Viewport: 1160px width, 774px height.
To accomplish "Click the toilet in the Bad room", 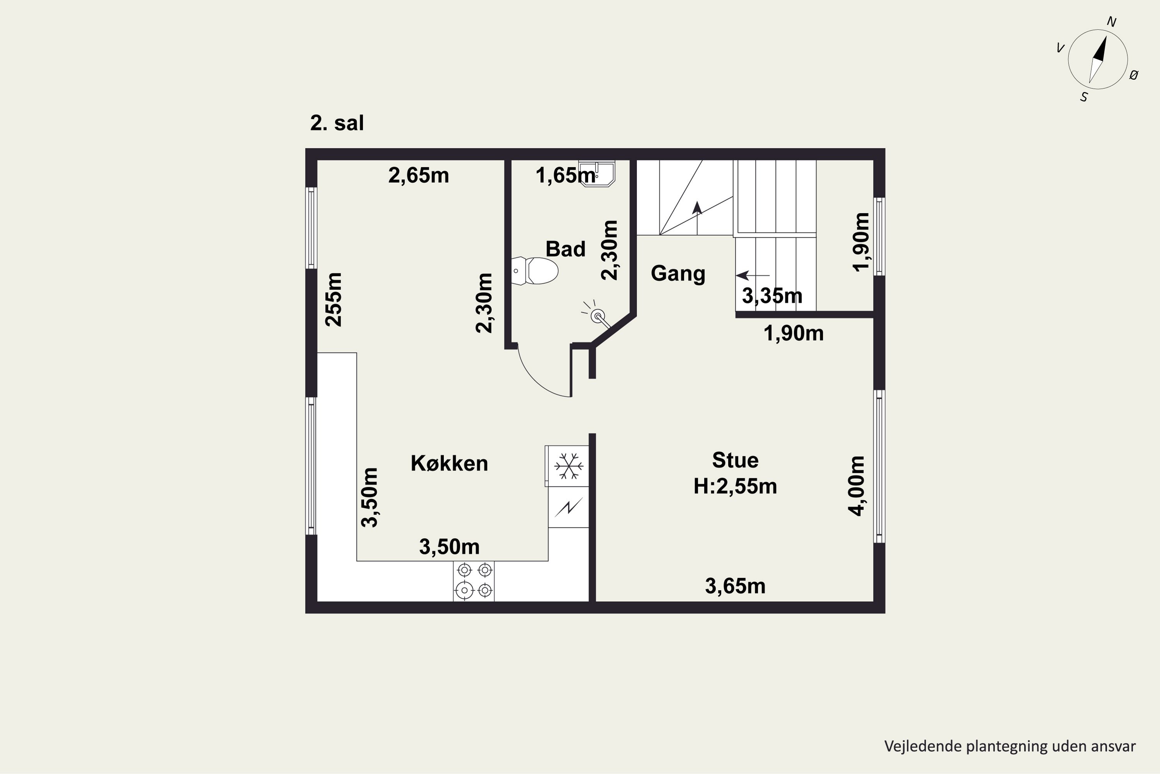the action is pyautogui.click(x=535, y=271).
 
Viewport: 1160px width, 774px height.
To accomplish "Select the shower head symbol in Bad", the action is pyautogui.click(x=597, y=315).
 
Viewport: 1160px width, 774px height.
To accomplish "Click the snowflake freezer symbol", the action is pyautogui.click(x=569, y=466).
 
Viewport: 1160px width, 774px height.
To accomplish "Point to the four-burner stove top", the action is pyautogui.click(x=474, y=581).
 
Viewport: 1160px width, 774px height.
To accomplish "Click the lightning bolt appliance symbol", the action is pyautogui.click(x=569, y=507).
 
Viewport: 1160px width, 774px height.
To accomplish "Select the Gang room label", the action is pyautogui.click(x=678, y=274).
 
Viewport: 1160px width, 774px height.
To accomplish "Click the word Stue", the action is pyautogui.click(x=735, y=460).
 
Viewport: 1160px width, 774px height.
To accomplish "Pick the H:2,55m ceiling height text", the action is pyautogui.click(x=735, y=486).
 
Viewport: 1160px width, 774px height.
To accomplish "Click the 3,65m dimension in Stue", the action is pyautogui.click(x=735, y=586).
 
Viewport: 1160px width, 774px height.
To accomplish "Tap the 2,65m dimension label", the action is pyautogui.click(x=419, y=175).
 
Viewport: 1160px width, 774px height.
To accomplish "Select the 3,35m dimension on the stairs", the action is pyautogui.click(x=772, y=296).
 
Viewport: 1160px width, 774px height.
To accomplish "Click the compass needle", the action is pyautogui.click(x=1098, y=59).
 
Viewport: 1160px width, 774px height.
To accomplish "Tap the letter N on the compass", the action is pyautogui.click(x=1112, y=22).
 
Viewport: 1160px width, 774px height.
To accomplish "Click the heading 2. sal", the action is pyautogui.click(x=337, y=123).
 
